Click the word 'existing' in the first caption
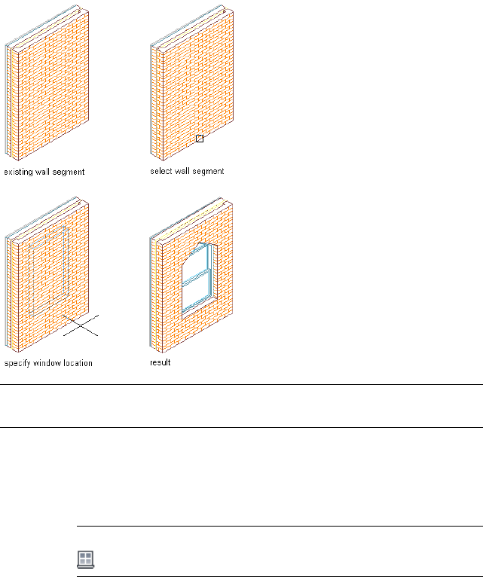click(19, 172)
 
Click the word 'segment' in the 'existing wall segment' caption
click(68, 172)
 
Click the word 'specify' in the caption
click(18, 363)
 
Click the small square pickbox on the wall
click(200, 139)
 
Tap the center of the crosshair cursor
click(81, 325)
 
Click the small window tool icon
click(86, 558)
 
